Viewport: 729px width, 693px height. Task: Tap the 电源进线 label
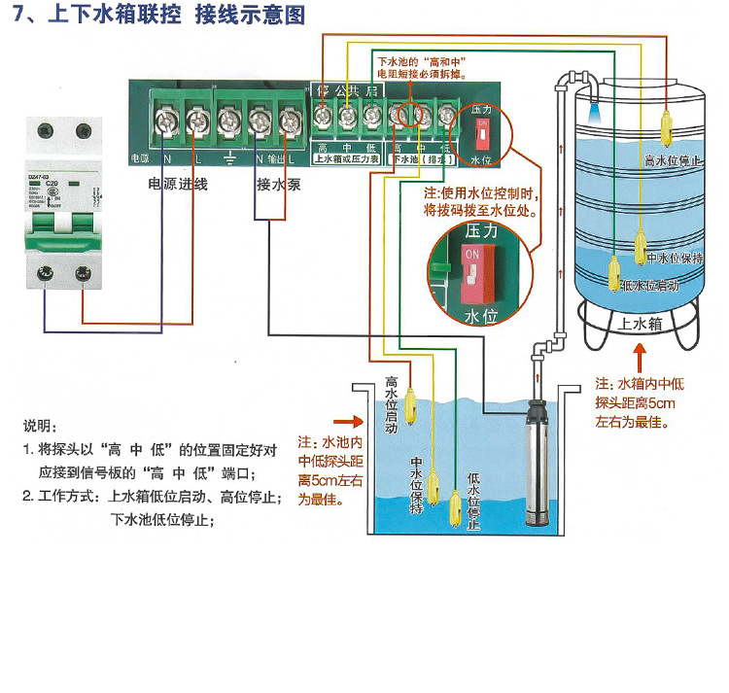[x=178, y=183]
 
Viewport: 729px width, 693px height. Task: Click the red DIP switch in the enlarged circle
[x=474, y=274]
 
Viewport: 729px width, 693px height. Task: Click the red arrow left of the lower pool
[x=344, y=423]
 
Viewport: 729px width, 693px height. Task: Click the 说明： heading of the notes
[x=41, y=427]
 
